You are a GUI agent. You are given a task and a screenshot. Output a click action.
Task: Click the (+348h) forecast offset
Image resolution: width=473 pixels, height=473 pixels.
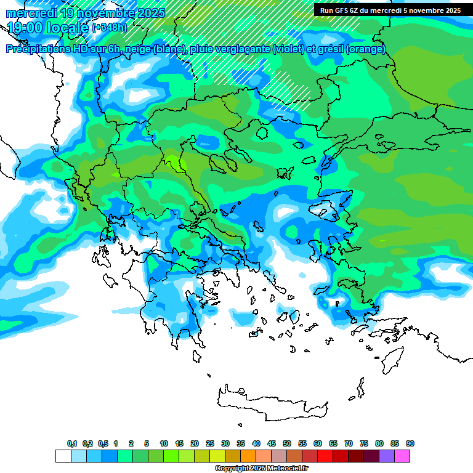click(x=109, y=27)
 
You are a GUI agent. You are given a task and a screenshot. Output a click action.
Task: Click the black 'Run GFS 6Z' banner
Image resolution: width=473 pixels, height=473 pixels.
click(x=390, y=10)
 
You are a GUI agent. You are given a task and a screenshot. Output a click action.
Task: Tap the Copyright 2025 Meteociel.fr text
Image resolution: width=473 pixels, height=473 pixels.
click(x=261, y=469)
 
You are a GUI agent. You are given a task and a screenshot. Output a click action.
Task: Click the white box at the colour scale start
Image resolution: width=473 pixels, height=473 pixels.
click(x=63, y=456)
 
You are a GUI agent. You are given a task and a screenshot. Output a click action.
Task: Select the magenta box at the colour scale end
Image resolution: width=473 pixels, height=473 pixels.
click(x=402, y=456)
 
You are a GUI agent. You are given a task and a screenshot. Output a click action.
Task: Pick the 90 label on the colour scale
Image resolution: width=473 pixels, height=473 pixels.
click(x=410, y=444)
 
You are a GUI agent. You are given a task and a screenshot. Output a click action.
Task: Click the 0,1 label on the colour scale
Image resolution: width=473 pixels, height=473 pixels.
click(x=72, y=444)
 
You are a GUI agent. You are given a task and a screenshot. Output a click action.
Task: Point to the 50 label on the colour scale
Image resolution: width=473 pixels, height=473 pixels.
click(x=287, y=444)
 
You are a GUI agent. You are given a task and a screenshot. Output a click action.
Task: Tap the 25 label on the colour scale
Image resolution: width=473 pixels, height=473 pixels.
click(x=210, y=444)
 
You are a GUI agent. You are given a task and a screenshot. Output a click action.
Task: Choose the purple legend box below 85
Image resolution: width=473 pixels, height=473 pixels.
click(x=387, y=456)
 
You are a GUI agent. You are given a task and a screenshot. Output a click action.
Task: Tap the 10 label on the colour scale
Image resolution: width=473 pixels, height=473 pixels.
click(x=164, y=444)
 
